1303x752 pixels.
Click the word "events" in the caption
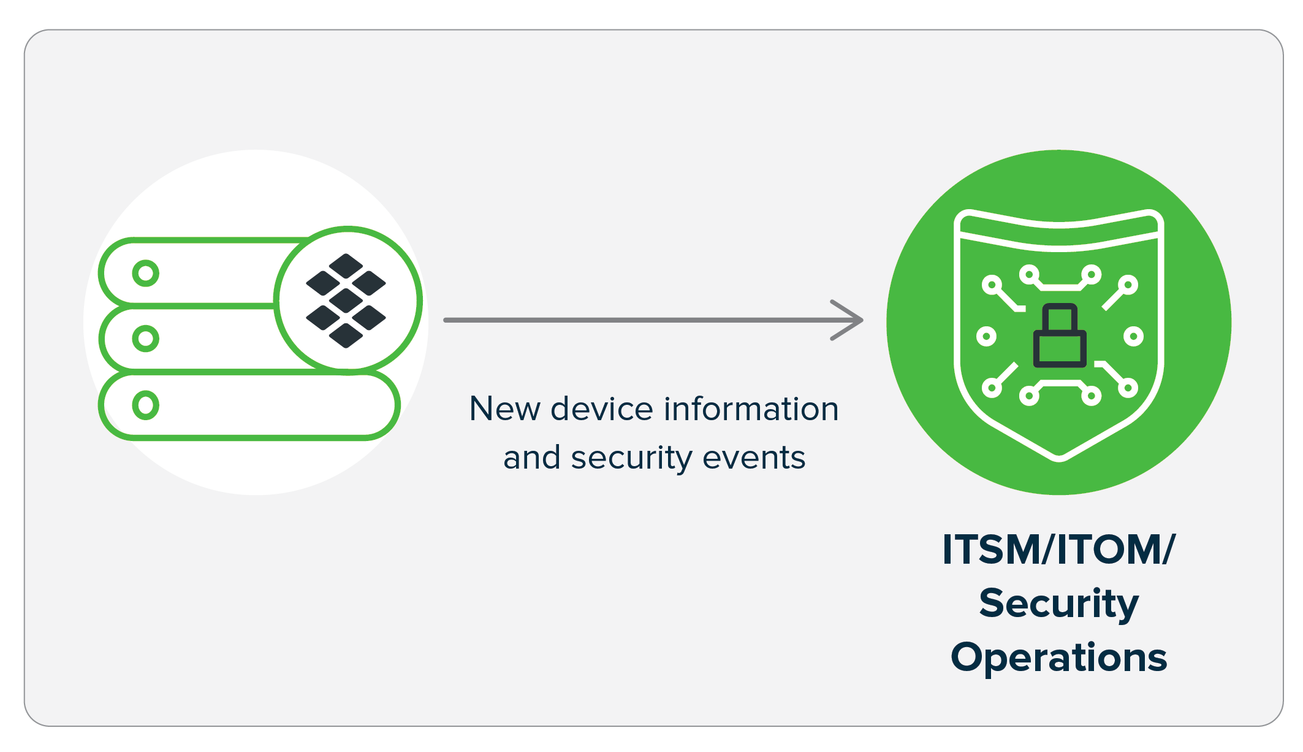click(754, 458)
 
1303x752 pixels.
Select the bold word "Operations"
click(1058, 658)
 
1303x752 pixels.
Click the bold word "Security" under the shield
click(1058, 604)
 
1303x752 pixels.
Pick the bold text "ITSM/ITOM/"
click(1058, 549)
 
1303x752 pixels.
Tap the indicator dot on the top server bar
click(146, 274)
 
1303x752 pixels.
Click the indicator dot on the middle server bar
click(146, 339)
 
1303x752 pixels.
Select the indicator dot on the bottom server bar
click(146, 405)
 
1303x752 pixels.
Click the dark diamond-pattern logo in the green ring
click(346, 301)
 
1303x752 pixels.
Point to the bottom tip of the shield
click(1059, 456)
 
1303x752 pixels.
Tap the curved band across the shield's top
click(1059, 236)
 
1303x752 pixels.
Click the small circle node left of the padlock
click(986, 336)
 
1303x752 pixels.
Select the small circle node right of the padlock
click(1133, 336)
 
